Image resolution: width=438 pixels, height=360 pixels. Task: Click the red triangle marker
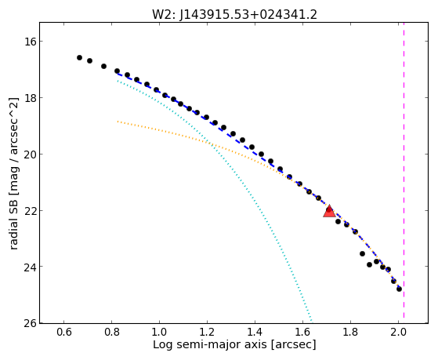[x=329, y=212]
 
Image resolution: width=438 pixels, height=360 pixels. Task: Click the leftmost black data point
[x=79, y=57]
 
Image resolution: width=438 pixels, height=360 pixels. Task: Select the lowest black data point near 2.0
[x=399, y=289]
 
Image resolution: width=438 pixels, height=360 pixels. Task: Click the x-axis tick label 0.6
[x=64, y=333]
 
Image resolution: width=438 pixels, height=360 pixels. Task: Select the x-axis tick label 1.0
[x=160, y=333]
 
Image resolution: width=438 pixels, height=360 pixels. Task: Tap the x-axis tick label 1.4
[x=255, y=333]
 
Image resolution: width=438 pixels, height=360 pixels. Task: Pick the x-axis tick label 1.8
[x=350, y=333]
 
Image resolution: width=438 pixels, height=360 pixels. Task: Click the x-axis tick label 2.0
[x=398, y=333]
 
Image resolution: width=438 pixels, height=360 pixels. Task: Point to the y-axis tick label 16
[x=29, y=42]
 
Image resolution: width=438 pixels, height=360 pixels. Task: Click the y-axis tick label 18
[x=29, y=97]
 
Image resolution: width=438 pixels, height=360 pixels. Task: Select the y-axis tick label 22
[x=29, y=210]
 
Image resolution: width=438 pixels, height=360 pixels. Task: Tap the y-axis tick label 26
[x=29, y=323]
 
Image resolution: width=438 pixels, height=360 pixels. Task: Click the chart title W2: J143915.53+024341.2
[x=234, y=14]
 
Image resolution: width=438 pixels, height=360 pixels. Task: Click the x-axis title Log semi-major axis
[x=210, y=344]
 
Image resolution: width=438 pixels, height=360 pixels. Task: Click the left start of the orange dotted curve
[x=118, y=122]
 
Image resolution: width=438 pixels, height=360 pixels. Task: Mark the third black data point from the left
[x=103, y=67]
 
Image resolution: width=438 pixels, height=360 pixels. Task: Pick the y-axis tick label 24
[x=29, y=267]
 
